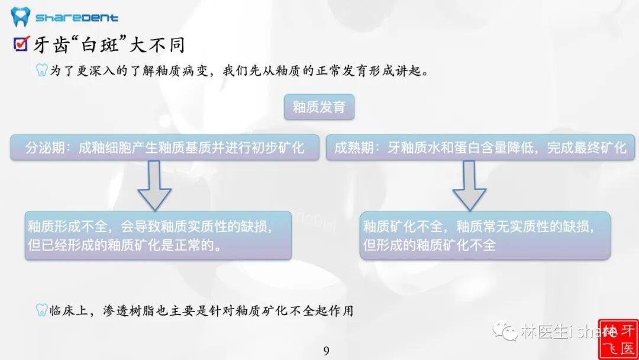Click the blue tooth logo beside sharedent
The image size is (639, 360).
click(20, 17)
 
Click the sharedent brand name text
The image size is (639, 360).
click(77, 18)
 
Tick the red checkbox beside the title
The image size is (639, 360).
click(21, 44)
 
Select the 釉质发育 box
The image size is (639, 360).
click(319, 107)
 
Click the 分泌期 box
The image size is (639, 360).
click(164, 147)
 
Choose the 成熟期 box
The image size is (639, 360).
click(480, 147)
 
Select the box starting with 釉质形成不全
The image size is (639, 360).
click(158, 235)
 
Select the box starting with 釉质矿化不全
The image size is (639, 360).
click(485, 235)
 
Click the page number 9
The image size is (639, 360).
click(326, 351)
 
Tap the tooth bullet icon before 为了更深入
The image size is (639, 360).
click(41, 71)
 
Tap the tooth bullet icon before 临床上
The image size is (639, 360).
click(41, 310)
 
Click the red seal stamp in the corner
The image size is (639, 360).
click(618, 339)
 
